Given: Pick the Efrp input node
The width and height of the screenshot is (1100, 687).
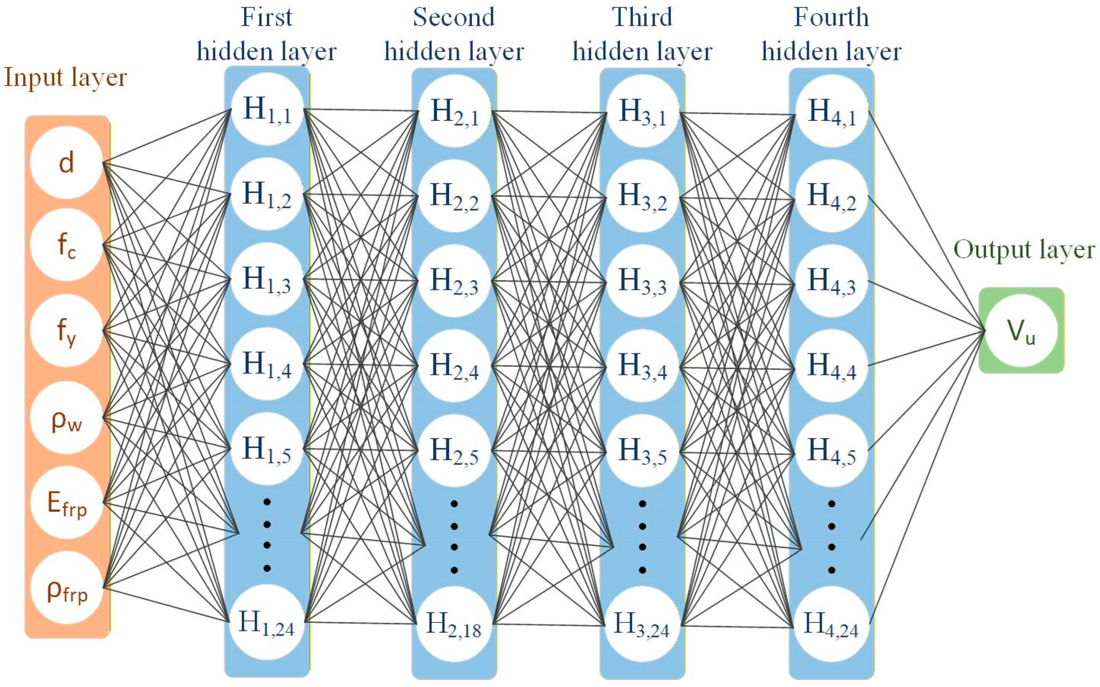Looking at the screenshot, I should [66, 503].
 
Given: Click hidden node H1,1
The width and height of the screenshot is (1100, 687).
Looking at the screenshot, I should [267, 109].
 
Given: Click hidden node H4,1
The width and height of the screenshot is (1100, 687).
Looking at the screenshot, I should [831, 111].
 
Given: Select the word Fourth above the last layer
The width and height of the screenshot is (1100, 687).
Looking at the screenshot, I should [831, 17].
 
